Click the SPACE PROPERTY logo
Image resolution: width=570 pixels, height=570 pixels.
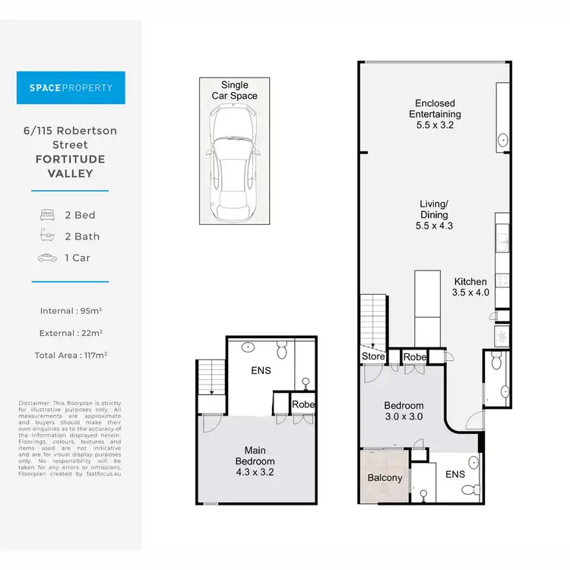click(71, 87)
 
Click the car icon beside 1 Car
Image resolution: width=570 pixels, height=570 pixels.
click(47, 258)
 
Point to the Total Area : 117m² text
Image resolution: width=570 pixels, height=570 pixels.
click(71, 354)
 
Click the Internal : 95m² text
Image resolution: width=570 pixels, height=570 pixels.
click(71, 310)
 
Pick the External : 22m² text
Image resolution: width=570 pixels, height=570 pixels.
click(71, 332)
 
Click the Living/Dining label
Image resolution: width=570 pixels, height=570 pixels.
click(435, 214)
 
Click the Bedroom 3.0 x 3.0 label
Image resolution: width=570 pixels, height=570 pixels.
click(403, 411)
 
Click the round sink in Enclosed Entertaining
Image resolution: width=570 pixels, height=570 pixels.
click(503, 141)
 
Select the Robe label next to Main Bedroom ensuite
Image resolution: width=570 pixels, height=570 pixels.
click(303, 405)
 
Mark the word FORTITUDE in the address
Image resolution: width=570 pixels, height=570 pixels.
click(71, 159)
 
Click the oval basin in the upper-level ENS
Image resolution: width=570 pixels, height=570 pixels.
click(249, 347)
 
